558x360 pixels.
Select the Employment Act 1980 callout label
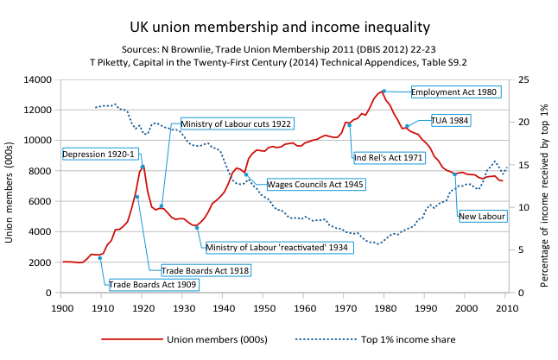tap(454, 92)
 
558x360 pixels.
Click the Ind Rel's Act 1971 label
tap(388, 158)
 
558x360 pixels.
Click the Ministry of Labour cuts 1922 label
tap(236, 124)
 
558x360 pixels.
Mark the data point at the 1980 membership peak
tap(384, 91)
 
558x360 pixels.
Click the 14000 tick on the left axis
tap(41, 79)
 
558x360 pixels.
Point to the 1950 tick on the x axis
tap(263, 306)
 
